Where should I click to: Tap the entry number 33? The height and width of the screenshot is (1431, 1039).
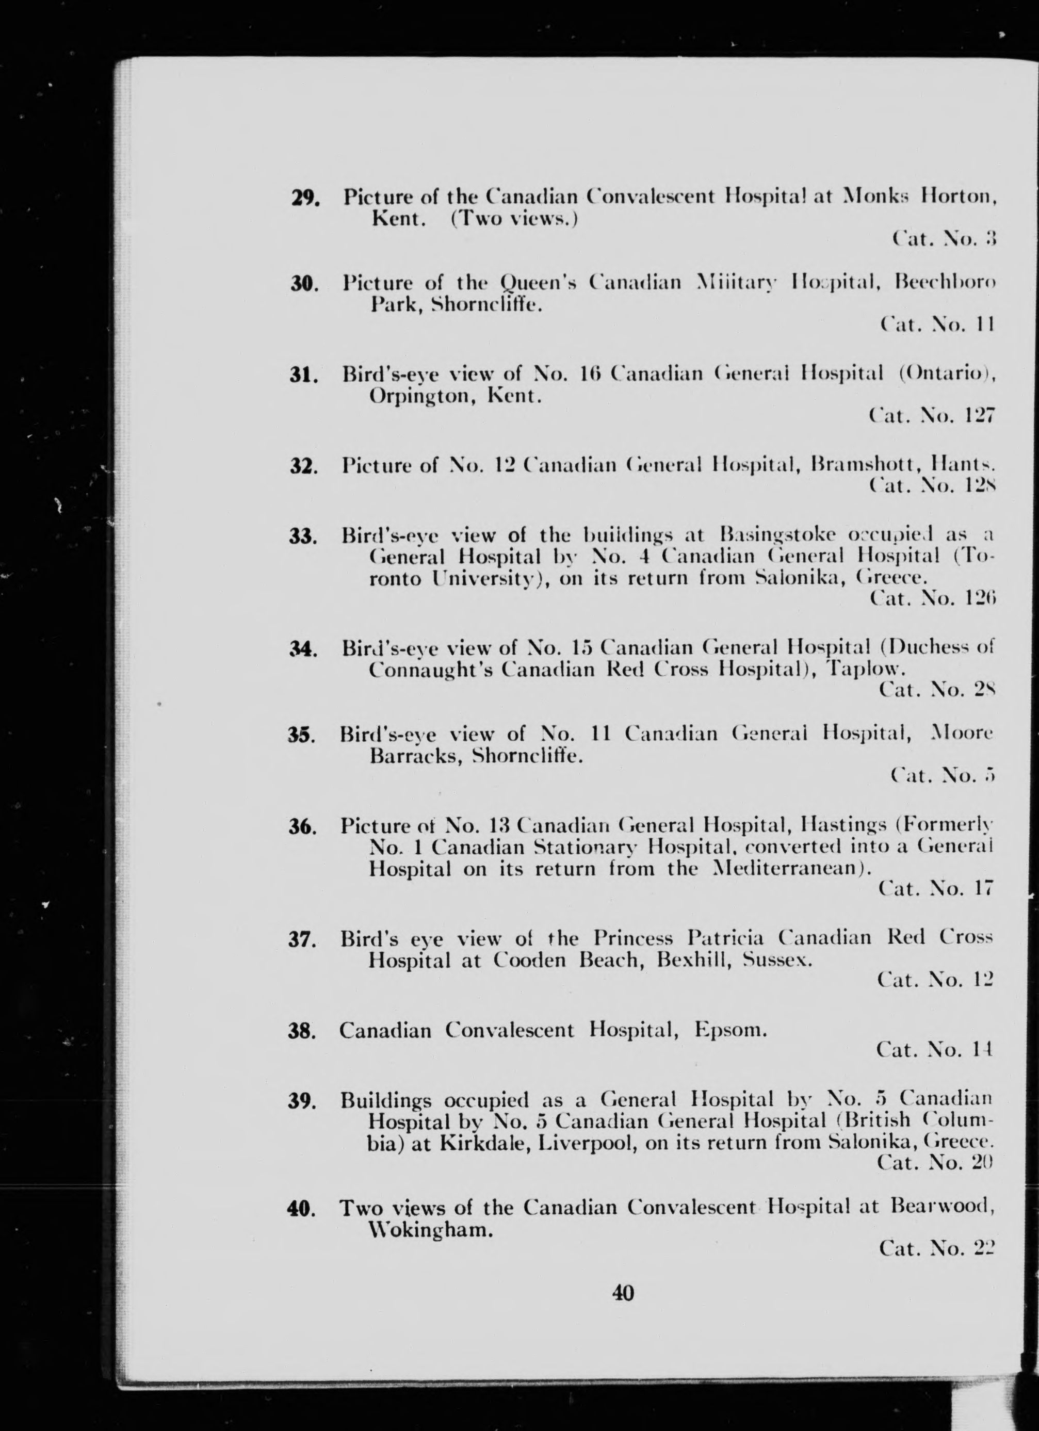click(303, 537)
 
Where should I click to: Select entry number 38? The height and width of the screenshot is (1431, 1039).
click(302, 1032)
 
